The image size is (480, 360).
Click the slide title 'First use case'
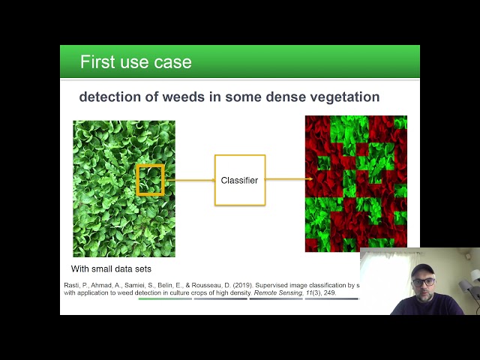136,61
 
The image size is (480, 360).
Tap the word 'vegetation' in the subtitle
341,97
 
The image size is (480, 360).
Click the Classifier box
239,180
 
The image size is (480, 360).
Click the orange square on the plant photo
150,180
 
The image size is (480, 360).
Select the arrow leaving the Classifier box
289,179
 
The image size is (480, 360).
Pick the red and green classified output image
355,183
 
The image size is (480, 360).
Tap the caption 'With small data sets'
112,268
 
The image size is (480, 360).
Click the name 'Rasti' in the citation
73,285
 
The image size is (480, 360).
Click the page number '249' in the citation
328,293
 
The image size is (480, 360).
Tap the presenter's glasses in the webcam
422,282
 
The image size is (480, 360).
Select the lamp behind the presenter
466,289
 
